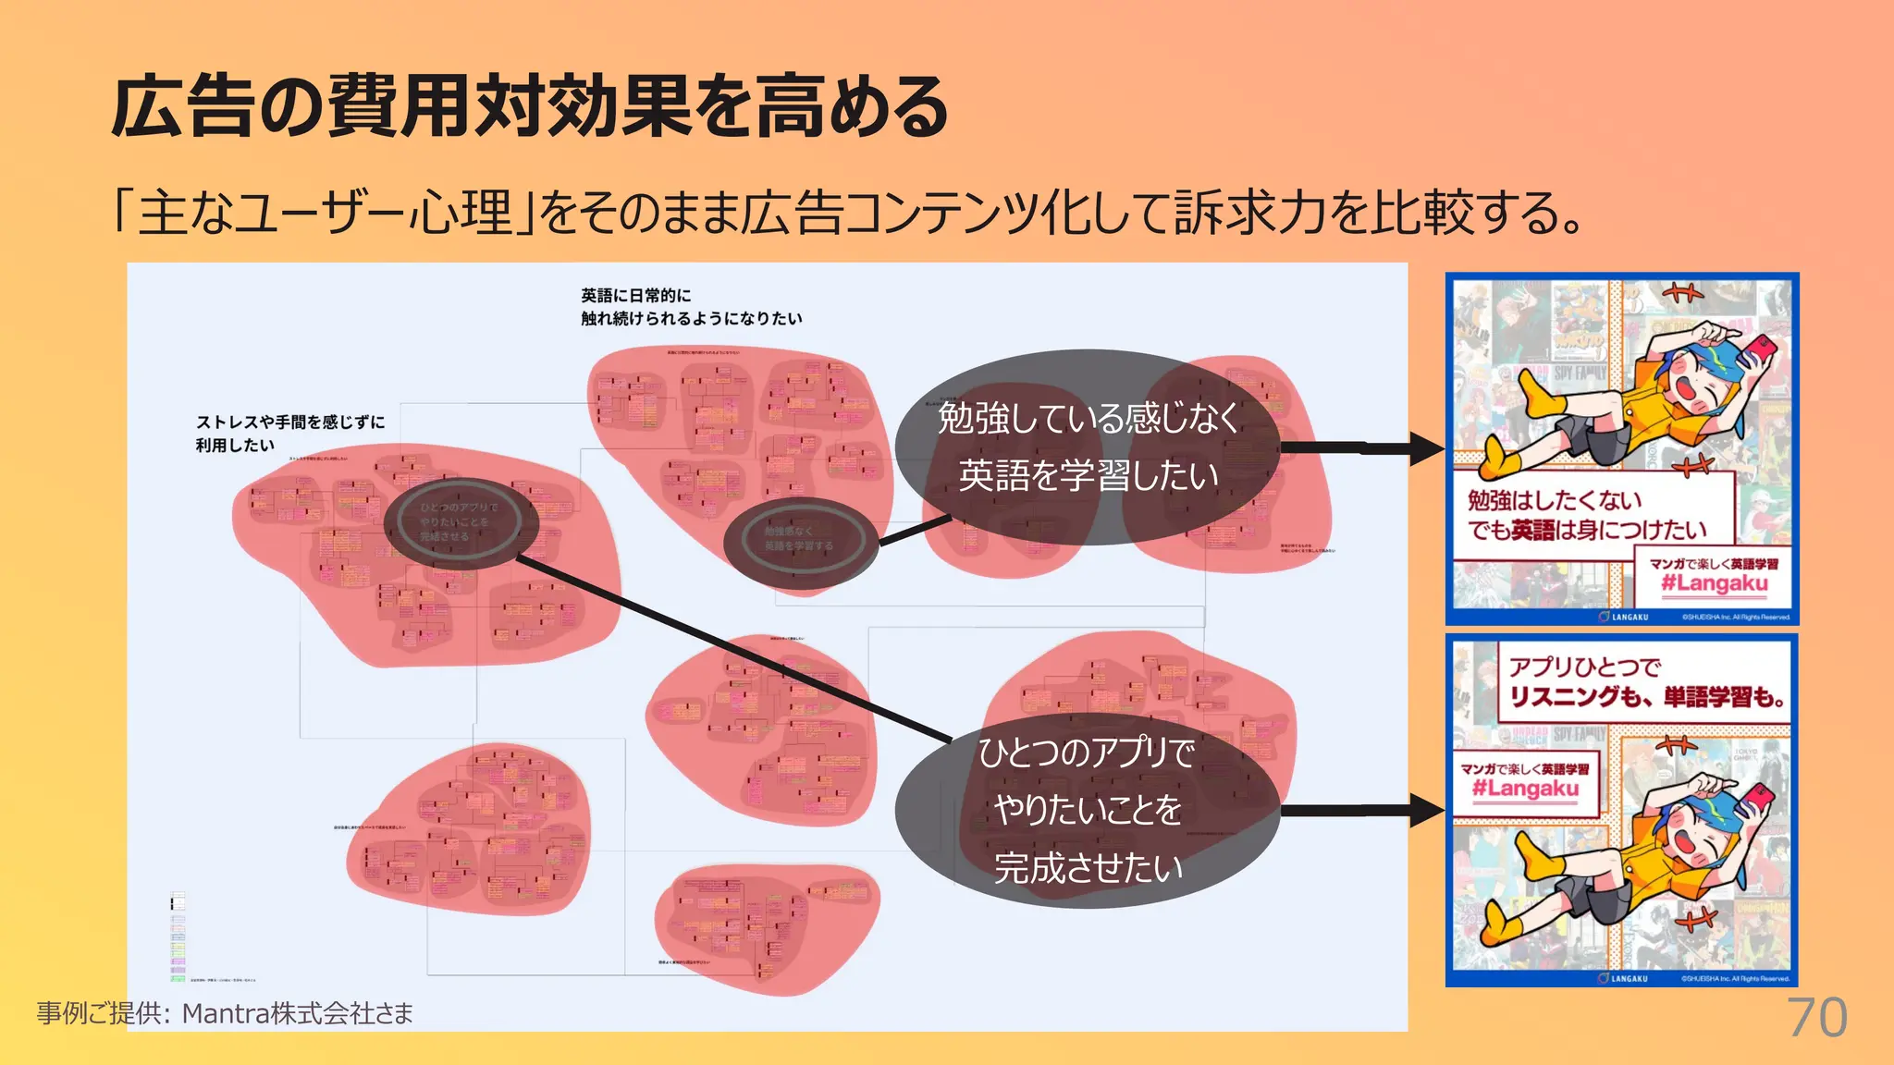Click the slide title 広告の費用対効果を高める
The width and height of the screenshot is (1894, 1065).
point(530,108)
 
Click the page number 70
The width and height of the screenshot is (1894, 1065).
point(1816,1018)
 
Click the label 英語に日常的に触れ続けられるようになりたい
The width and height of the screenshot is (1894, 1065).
point(690,307)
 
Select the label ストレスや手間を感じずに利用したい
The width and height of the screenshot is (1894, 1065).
point(289,433)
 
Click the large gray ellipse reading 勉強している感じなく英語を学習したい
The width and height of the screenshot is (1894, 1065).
point(1088,447)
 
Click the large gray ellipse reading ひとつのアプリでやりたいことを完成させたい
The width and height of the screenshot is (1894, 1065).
point(1088,810)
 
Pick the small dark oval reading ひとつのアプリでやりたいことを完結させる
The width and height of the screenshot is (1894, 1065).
point(459,522)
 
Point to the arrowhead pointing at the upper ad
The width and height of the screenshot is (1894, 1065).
point(1428,449)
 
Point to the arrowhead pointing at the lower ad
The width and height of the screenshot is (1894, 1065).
point(1428,812)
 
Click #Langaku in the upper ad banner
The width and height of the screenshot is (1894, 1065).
point(1714,583)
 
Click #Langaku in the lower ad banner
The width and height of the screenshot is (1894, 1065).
point(1525,789)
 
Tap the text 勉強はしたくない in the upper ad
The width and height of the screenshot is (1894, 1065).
point(1554,500)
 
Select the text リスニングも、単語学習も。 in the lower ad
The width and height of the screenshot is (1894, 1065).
point(1646,696)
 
